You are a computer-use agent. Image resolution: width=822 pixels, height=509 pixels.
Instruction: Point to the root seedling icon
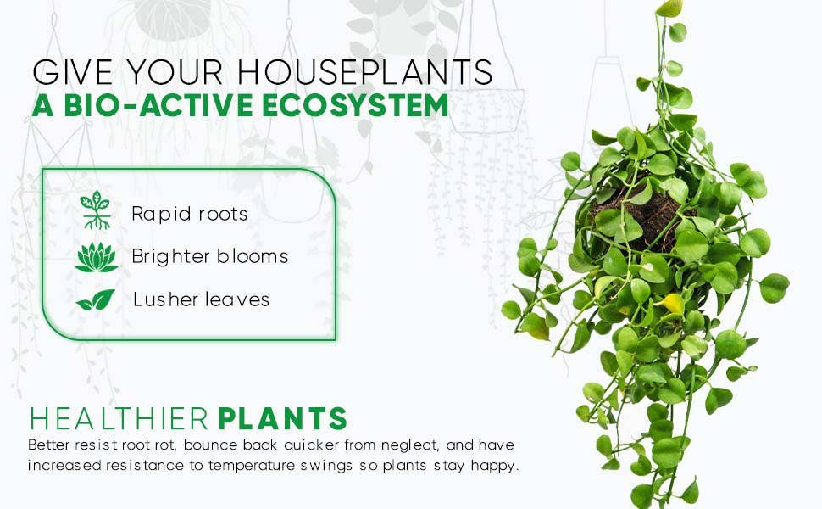tap(95, 211)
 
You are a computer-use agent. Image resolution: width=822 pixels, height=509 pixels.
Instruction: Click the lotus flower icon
tap(95, 256)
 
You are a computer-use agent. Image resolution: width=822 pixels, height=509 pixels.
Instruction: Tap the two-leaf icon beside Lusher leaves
tap(95, 299)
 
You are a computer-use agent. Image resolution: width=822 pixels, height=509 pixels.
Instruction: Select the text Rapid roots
tap(189, 214)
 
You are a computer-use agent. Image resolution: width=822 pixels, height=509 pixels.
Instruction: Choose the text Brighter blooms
tap(209, 256)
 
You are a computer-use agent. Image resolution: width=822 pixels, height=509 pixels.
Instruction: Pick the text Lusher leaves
tap(201, 299)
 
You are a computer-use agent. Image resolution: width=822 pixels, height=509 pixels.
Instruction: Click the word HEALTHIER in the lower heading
tap(119, 419)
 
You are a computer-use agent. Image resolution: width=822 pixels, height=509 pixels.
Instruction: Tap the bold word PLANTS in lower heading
tap(283, 419)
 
